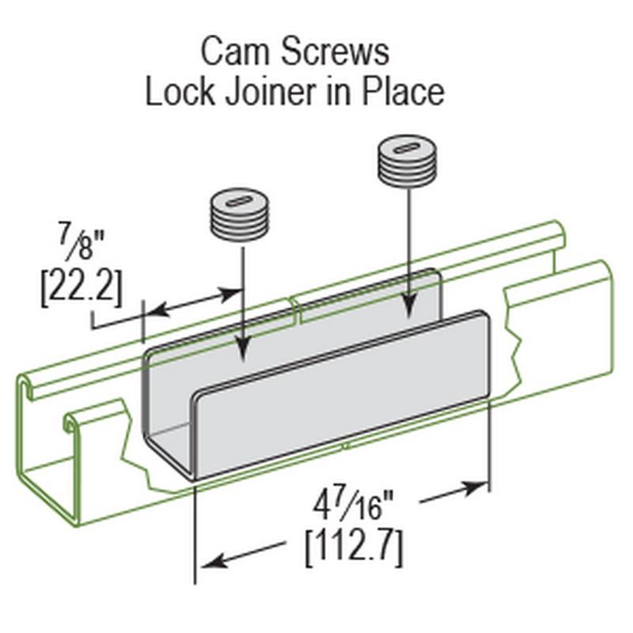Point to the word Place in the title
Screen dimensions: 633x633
pos(403,93)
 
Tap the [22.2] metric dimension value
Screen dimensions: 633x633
pos(81,288)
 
